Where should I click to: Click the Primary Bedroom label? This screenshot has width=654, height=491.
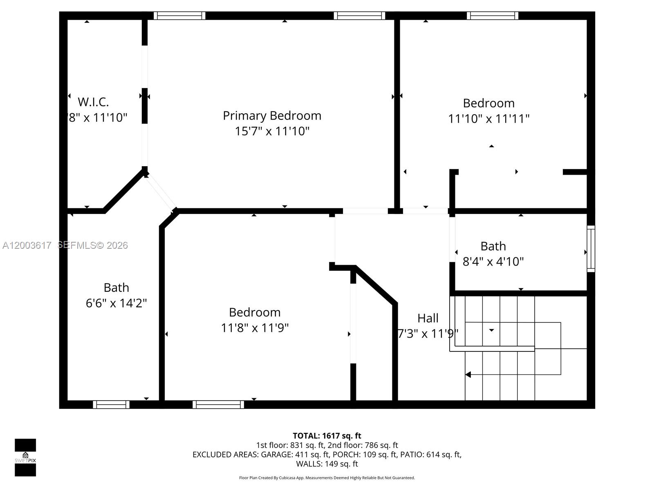click(272, 116)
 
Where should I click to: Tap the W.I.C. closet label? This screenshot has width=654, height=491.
click(93, 101)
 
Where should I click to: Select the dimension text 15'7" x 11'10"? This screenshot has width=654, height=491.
click(272, 131)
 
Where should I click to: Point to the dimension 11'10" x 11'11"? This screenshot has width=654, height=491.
click(488, 119)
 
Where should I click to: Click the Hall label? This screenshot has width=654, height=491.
click(428, 318)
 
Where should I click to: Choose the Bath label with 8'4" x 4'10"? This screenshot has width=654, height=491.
click(493, 246)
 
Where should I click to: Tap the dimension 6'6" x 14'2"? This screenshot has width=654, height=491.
click(116, 303)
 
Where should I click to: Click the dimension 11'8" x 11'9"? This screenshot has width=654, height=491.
click(255, 328)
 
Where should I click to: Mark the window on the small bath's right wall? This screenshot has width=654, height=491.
click(591, 248)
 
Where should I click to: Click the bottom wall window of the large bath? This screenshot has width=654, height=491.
click(111, 404)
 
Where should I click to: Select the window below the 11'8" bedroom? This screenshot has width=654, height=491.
click(218, 404)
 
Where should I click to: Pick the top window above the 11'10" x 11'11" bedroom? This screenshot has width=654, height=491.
click(493, 16)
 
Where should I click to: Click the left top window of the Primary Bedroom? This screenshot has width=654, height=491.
click(179, 16)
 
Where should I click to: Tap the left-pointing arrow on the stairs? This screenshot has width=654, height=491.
click(468, 374)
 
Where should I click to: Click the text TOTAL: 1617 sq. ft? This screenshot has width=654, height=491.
click(327, 436)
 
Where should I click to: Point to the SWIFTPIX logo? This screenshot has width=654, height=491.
click(25, 457)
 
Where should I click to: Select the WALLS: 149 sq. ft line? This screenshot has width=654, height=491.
click(327, 464)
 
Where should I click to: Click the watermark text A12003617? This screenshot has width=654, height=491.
click(27, 245)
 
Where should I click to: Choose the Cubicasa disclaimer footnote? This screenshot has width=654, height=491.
click(327, 478)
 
